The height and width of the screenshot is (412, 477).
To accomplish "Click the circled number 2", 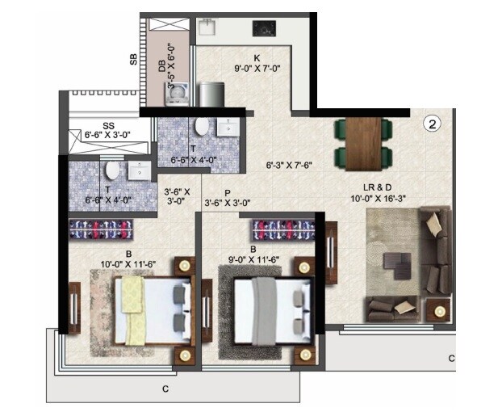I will tap(433, 124).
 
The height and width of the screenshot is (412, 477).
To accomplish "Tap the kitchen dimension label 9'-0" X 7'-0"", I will tap(255, 69).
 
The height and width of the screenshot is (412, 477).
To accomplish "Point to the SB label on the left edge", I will tap(132, 59).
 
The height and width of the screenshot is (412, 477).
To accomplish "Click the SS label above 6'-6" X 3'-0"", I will tap(108, 126).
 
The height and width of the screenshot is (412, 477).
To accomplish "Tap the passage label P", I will tap(228, 193).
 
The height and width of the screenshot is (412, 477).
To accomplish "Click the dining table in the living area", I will tap(362, 141).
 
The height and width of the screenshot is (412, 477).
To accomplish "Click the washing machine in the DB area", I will tap(178, 95).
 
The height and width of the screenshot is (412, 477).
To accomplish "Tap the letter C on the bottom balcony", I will tap(165, 389).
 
